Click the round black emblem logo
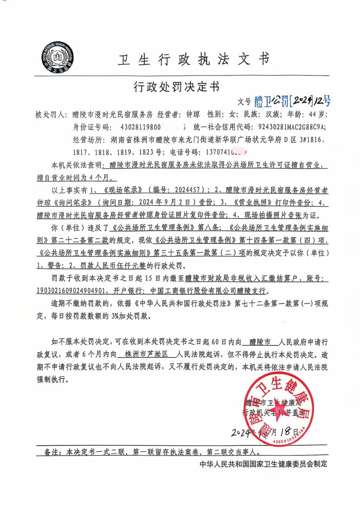coord(57,57)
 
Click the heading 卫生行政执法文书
coord(193,60)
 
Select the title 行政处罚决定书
coord(176,86)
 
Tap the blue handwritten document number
coord(292,101)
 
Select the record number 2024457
coord(189,190)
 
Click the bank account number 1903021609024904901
coord(71,291)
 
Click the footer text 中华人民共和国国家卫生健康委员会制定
coord(263,464)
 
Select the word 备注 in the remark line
coord(51,452)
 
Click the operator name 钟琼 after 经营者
coord(193,114)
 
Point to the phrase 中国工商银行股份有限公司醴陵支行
coord(208,291)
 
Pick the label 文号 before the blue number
coord(244,102)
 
